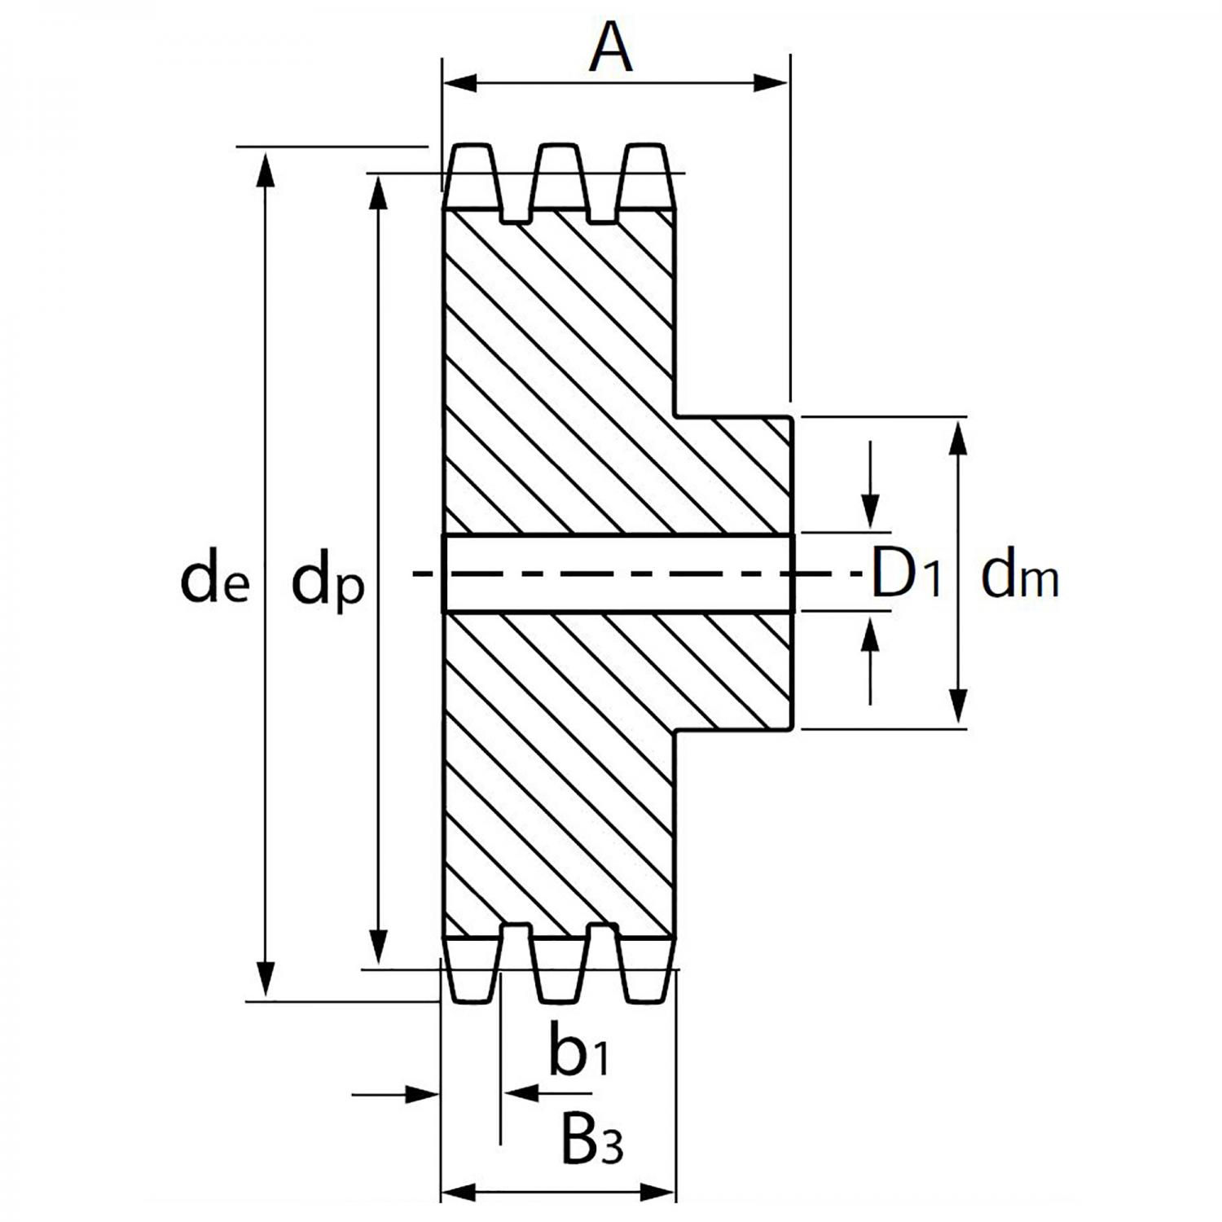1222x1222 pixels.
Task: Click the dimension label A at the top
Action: tap(611, 49)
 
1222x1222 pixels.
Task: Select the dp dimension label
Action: tap(327, 582)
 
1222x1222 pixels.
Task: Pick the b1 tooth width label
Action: tap(578, 1052)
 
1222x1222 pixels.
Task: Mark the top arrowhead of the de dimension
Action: tap(264, 168)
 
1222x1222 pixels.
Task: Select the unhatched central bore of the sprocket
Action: tap(616, 573)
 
